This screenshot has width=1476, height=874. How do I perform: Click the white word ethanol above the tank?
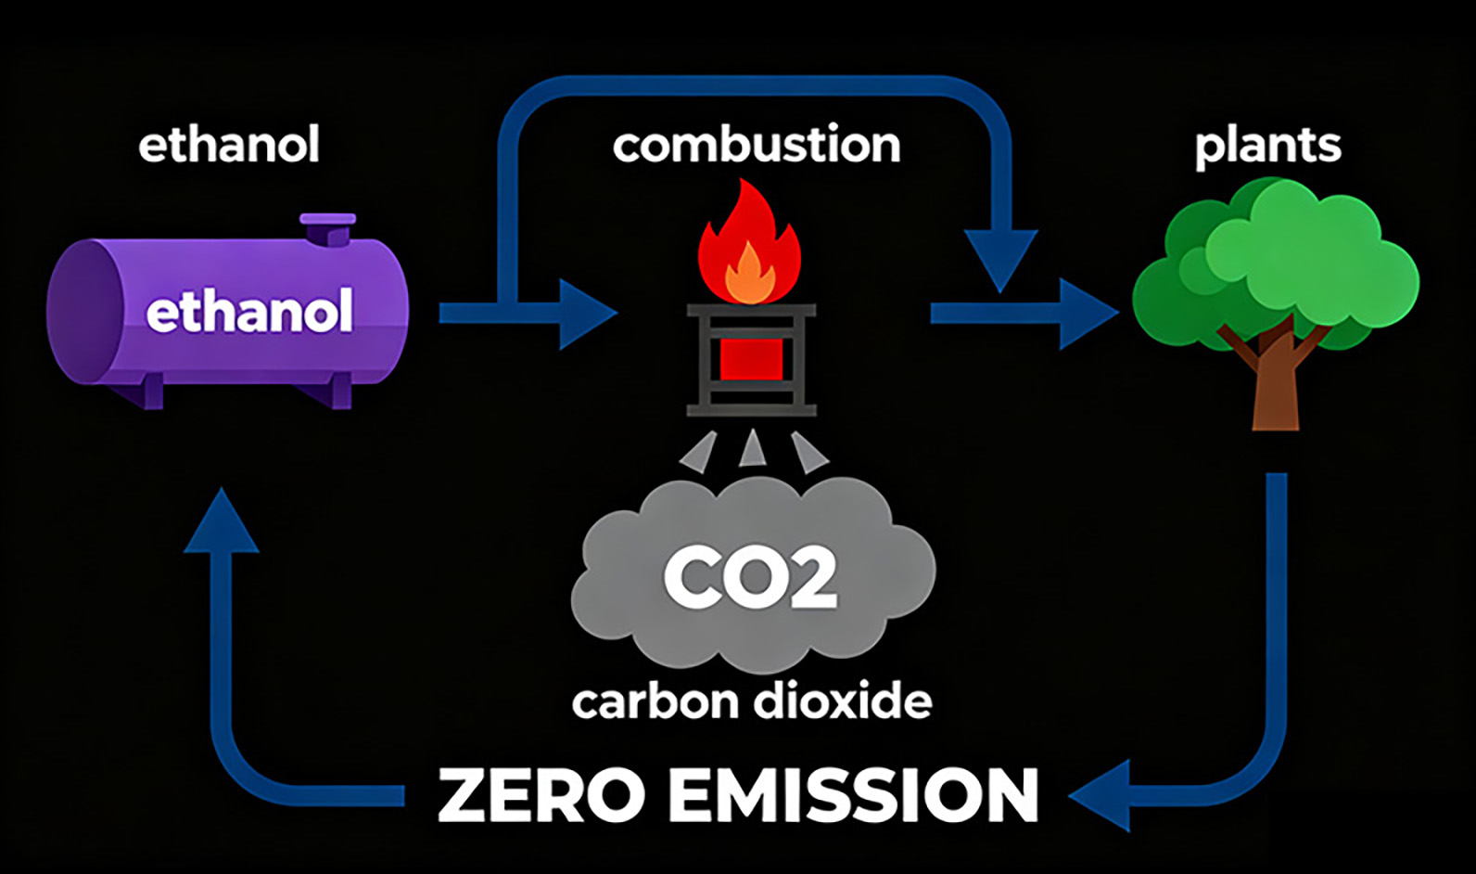pos(229,145)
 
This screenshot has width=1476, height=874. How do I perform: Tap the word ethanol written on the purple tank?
pos(249,312)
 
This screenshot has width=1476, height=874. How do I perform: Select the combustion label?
pos(757,145)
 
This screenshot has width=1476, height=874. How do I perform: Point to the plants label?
pos(1267,145)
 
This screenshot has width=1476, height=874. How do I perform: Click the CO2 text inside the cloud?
pos(751,577)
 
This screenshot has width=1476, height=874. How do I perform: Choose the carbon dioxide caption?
pos(752,701)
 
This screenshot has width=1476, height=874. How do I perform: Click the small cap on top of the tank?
pos(327,227)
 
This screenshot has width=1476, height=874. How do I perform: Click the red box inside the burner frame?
pos(751,358)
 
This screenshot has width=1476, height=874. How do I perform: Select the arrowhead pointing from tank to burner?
pos(584,314)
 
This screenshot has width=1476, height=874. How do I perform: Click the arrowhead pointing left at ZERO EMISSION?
pos(1103,795)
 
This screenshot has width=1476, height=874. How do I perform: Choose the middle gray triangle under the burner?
pos(752,448)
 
